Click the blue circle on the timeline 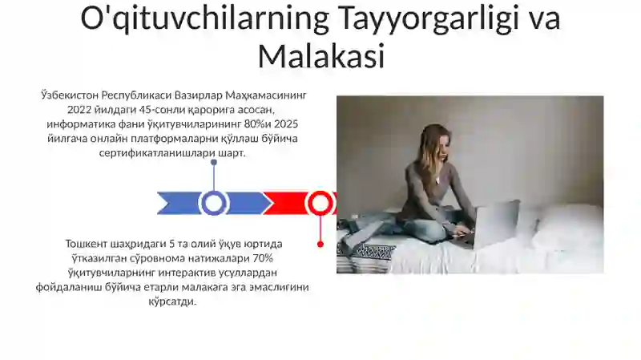pos(214,203)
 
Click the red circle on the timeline pos(320,203)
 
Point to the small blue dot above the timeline pos(214,162)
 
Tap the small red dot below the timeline pos(320,244)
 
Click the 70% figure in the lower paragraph pos(263,258)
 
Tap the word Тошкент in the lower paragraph pos(89,244)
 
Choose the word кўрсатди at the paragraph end pos(172,301)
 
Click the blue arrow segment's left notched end pos(163,203)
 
